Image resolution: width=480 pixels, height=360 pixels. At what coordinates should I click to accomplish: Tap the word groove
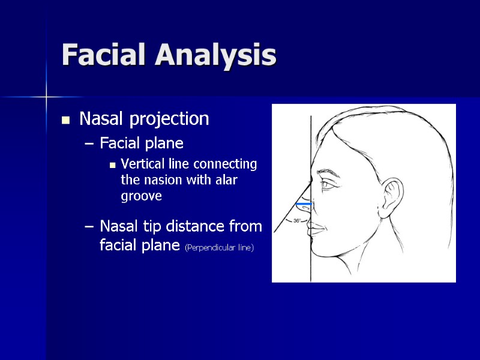[141, 196]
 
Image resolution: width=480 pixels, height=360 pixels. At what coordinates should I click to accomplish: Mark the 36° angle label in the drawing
[296, 221]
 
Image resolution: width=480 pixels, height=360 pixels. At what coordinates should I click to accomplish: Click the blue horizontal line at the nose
[304, 205]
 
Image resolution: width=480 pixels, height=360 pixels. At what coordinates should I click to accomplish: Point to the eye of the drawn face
[328, 185]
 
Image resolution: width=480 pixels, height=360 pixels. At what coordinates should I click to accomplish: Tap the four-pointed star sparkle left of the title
[46, 95]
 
